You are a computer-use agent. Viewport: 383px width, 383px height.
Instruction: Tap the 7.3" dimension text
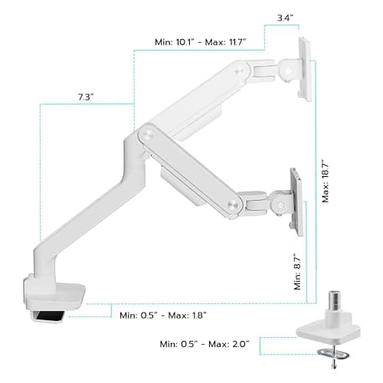pos(86,97)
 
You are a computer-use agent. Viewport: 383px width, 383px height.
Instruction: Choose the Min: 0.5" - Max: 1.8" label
pos(163,315)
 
